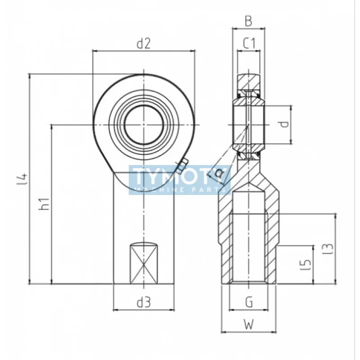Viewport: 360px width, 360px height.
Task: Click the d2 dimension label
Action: click(144, 43)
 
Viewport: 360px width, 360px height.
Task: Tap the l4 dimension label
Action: click(22, 179)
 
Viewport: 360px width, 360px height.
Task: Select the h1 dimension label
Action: click(44, 204)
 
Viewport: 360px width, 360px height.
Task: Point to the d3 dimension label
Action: click(144, 302)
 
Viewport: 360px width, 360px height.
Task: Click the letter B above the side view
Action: click(248, 21)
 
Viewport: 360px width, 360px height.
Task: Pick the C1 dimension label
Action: click(249, 43)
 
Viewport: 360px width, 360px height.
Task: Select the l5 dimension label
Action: click(306, 265)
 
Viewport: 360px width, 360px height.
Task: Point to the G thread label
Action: click(249, 302)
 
